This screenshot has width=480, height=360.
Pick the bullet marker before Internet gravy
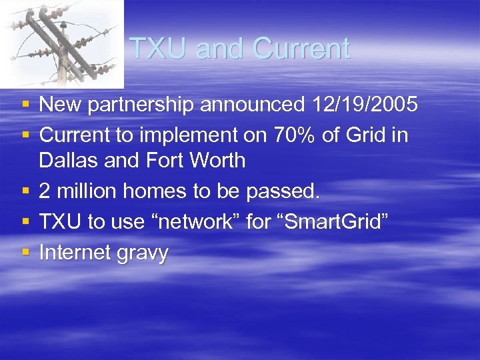tap(25, 253)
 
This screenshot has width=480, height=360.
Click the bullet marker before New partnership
tap(25, 105)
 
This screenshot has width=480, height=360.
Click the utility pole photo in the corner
tap(61, 43)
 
